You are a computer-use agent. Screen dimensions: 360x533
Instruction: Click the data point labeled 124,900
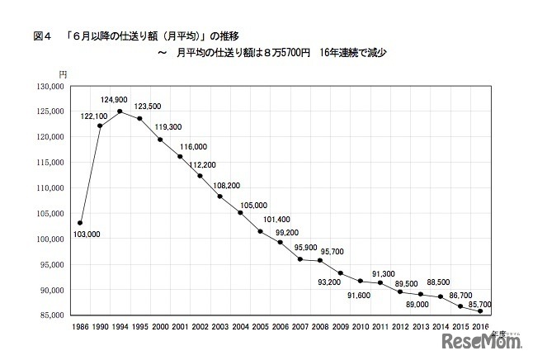click(x=120, y=111)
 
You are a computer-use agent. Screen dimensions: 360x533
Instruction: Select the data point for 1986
click(x=80, y=223)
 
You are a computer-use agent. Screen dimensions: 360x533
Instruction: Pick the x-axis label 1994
click(x=120, y=328)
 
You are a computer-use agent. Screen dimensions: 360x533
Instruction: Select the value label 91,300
click(x=384, y=274)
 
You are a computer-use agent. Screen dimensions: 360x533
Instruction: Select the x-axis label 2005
click(x=259, y=328)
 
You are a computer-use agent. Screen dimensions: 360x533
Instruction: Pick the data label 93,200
click(x=327, y=282)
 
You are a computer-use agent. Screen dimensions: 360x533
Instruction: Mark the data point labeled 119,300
click(x=160, y=139)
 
